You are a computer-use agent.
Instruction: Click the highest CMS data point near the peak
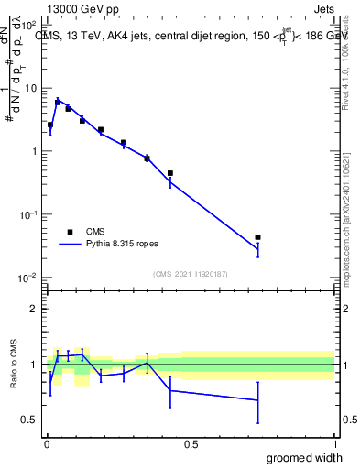pos(58,103)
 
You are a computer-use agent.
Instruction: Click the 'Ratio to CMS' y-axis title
pos(15,365)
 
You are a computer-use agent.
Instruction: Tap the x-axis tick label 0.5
pos(191,443)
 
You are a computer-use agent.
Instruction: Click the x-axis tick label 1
pos(334,443)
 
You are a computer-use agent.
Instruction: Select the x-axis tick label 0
pos(47,443)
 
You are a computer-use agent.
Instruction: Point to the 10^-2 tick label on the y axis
pos(28,278)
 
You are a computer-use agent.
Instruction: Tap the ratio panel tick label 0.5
pos(29,420)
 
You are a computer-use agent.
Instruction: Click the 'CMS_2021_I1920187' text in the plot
pos(190,273)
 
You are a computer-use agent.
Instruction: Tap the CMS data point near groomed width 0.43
pos(170,173)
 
